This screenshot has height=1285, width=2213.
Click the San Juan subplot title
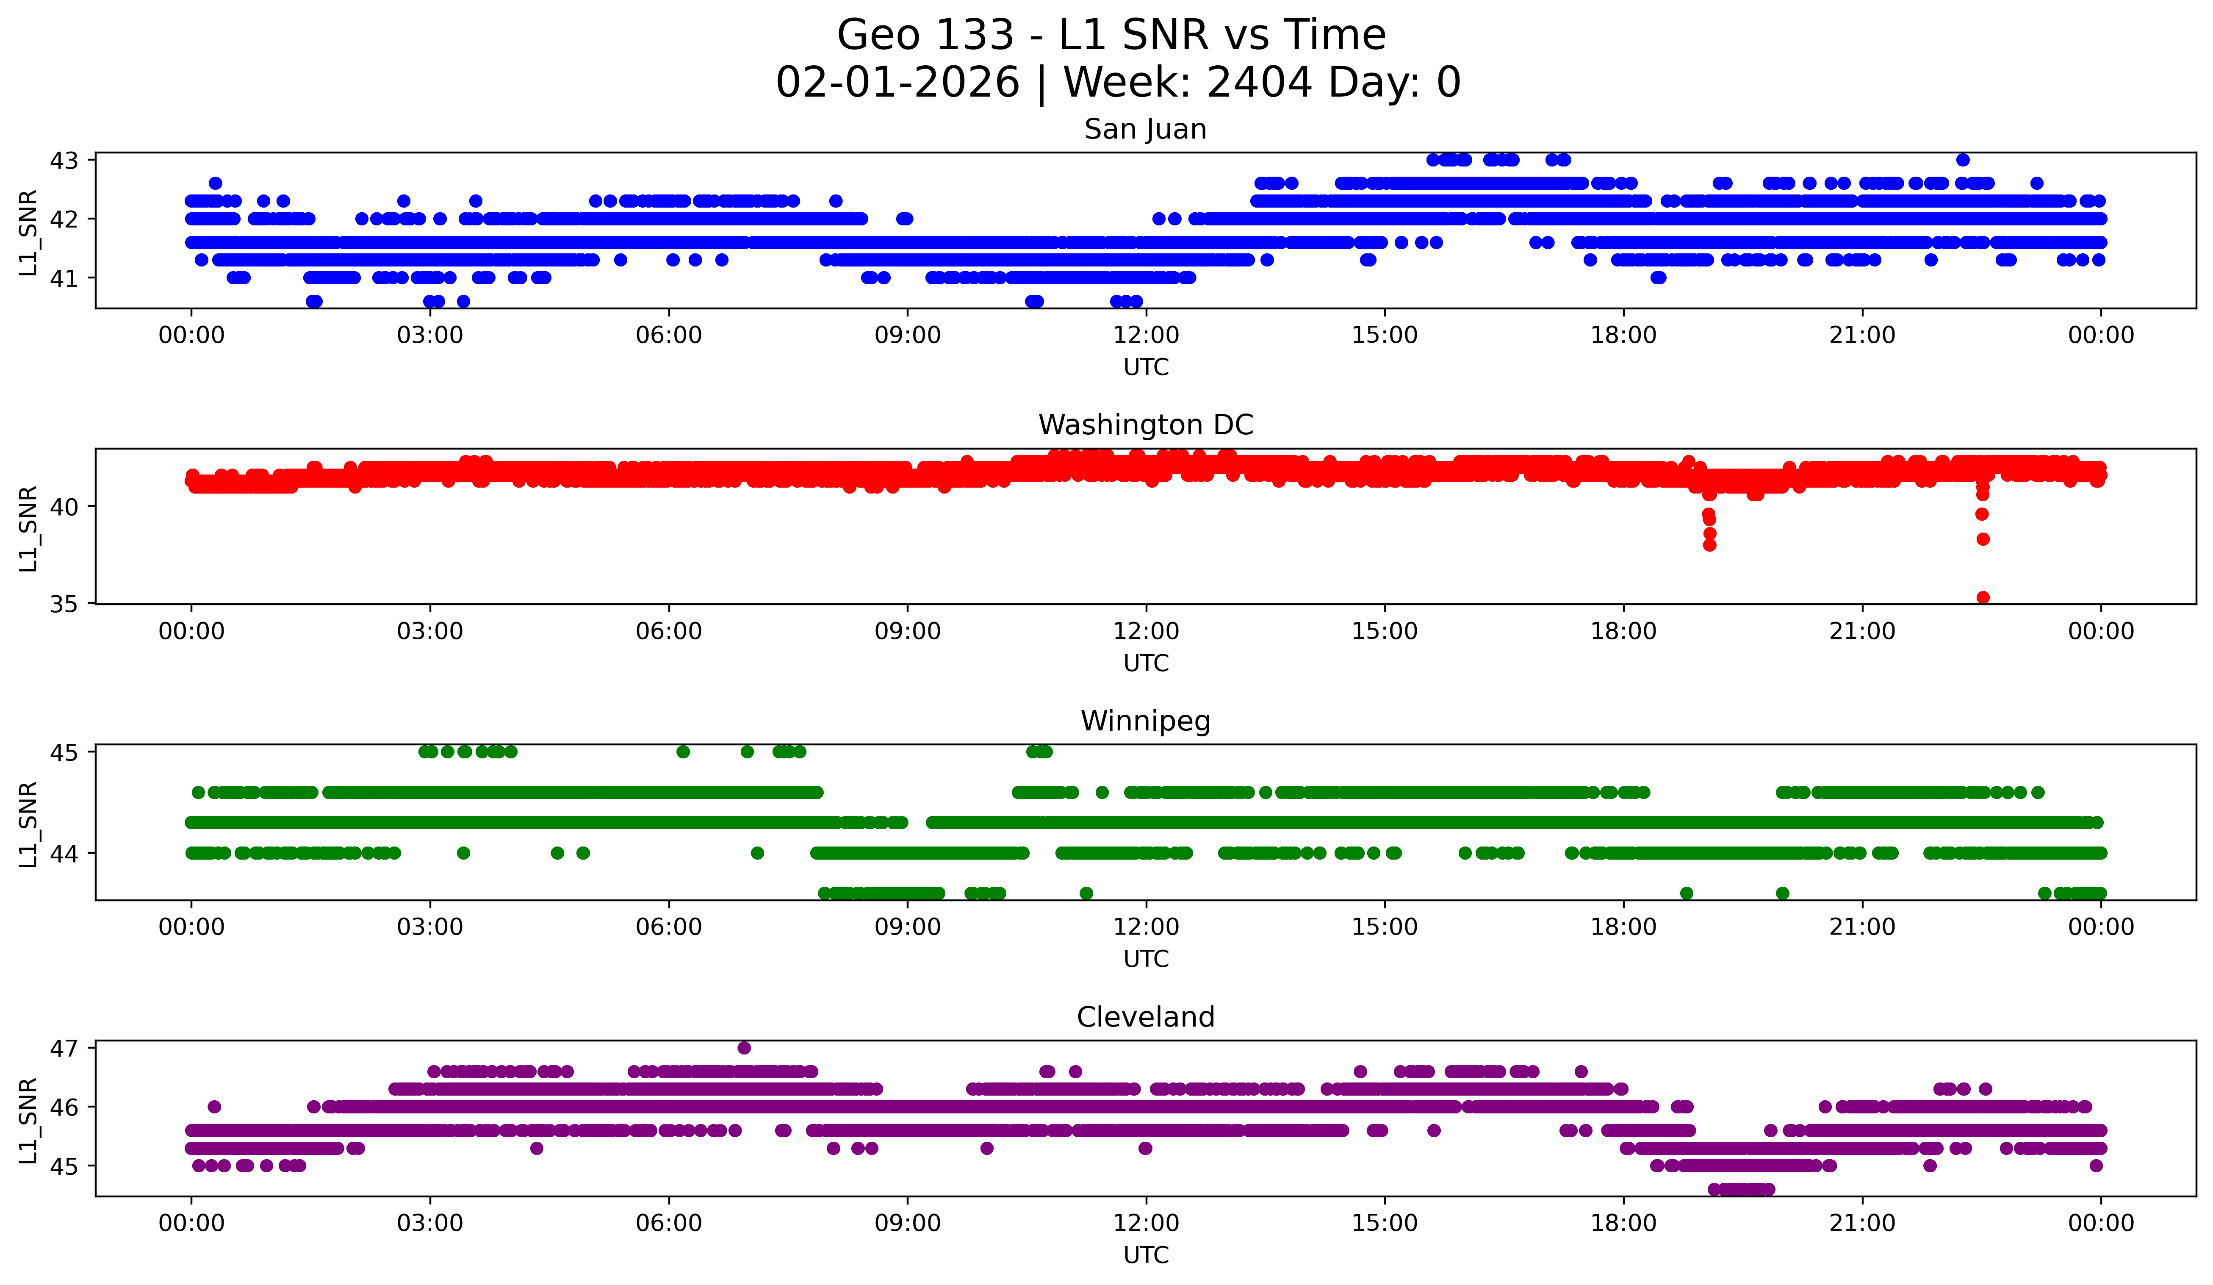(x=1145, y=129)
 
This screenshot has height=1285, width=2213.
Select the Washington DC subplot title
(x=1145, y=425)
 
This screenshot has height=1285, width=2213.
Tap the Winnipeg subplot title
(x=1145, y=721)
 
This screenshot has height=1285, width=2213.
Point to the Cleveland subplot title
(x=1145, y=1017)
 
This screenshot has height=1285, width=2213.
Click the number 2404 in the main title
(x=1258, y=83)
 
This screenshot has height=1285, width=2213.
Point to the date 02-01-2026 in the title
(x=897, y=83)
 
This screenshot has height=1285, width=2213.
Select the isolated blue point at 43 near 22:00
(x=1963, y=160)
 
